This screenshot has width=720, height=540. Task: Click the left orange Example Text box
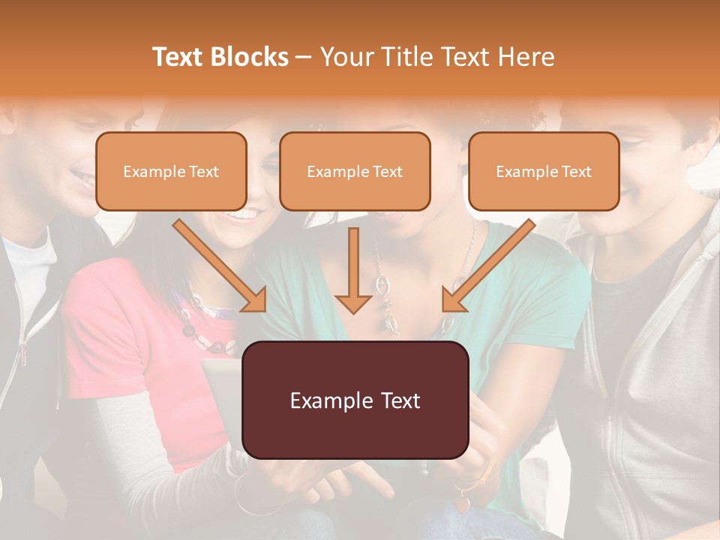click(171, 171)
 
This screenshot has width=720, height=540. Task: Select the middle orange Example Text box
click(355, 171)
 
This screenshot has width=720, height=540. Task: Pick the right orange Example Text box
click(544, 171)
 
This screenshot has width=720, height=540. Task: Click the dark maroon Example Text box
click(355, 400)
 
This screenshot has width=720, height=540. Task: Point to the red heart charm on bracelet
click(462, 504)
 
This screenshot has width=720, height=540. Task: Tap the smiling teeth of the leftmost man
click(82, 178)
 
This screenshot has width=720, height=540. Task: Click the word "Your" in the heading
click(343, 57)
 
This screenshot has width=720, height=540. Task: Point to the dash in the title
click(304, 57)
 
